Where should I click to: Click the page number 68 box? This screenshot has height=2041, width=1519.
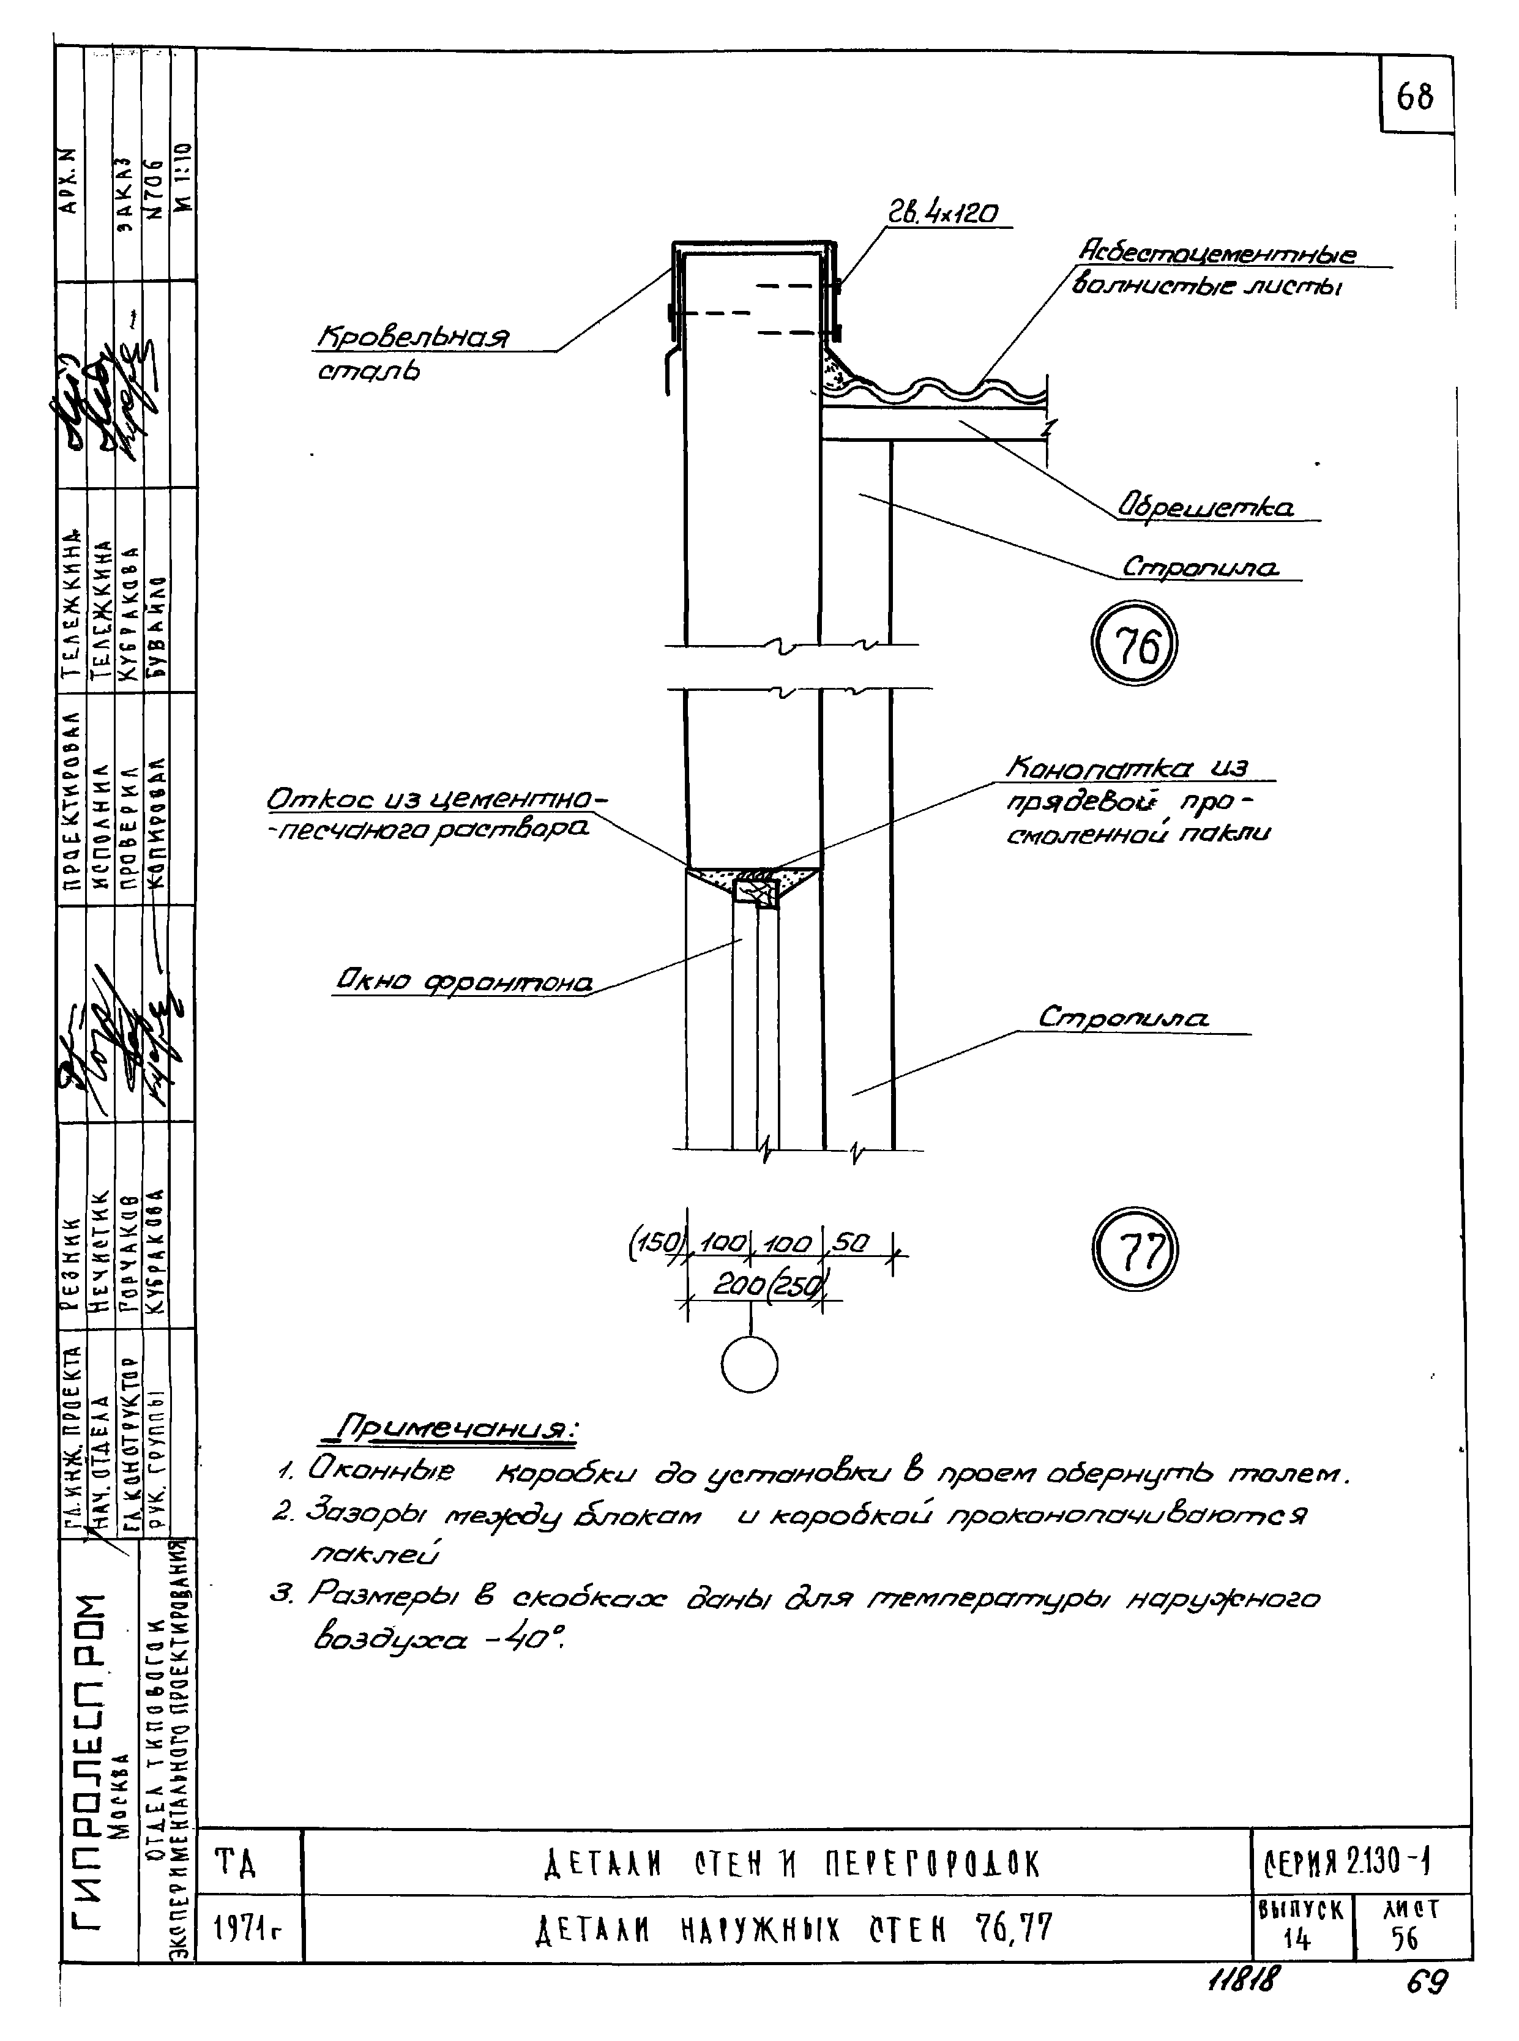(1415, 95)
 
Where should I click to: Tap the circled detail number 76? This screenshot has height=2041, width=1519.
(1133, 646)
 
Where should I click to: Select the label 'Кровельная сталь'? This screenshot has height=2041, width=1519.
(412, 353)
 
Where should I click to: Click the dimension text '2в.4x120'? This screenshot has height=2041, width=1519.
(941, 214)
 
